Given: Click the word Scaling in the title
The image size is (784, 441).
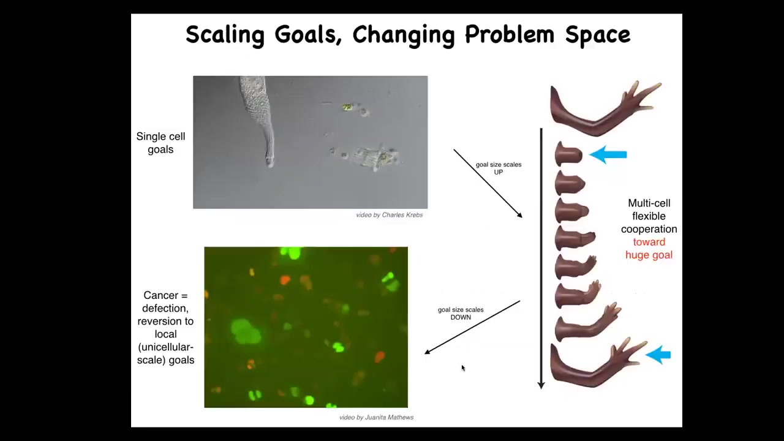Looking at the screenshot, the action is [x=225, y=35].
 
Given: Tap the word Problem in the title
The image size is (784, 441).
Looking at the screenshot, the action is [x=510, y=34].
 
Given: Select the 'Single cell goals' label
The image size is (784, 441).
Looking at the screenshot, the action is [x=160, y=143].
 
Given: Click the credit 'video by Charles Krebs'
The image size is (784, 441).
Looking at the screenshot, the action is [x=389, y=215].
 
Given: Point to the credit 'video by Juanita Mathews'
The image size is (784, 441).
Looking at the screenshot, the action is [x=376, y=417].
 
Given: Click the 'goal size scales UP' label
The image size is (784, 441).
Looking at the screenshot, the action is [x=499, y=168].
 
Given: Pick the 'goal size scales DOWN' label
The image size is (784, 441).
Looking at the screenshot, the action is [x=461, y=313].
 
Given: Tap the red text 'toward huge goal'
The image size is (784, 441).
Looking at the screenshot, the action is [x=649, y=249].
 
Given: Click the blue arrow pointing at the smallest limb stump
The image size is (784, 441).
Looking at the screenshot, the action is [x=608, y=155].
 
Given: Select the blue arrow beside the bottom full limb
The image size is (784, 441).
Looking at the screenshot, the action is [x=658, y=355].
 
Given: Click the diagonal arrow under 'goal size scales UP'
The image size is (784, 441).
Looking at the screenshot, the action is [x=488, y=183].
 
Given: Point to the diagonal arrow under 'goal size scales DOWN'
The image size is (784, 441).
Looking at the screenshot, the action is [x=472, y=327].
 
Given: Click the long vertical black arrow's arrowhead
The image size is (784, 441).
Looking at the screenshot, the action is [x=541, y=385].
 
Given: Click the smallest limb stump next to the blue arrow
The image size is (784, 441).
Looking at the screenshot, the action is [x=568, y=154].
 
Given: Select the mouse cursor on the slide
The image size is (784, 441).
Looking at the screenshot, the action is [x=464, y=368].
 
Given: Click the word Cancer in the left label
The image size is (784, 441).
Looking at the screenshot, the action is [x=165, y=295].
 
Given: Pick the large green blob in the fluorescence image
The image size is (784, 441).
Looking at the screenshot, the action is [x=246, y=331].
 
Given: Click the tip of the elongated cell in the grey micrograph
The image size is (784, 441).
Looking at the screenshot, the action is [x=270, y=165].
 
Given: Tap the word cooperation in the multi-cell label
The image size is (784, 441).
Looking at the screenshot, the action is [x=649, y=229].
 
